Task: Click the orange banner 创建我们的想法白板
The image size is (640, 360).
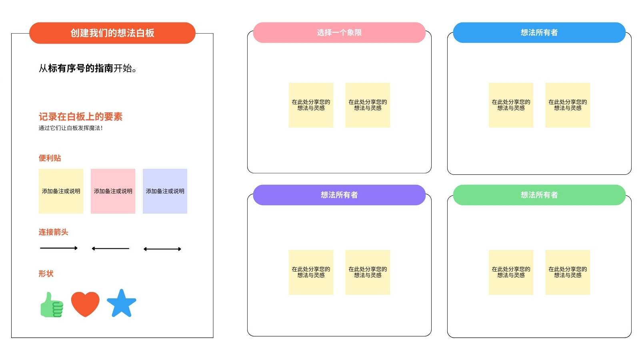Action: pyautogui.click(x=112, y=33)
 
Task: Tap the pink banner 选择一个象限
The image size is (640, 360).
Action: pyautogui.click(x=339, y=32)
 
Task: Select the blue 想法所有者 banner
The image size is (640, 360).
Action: pyautogui.click(x=539, y=32)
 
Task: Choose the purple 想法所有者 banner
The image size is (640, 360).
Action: pyautogui.click(x=339, y=195)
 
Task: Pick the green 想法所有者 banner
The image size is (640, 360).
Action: pyautogui.click(x=539, y=195)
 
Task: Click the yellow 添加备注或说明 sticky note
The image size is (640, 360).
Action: pyautogui.click(x=61, y=191)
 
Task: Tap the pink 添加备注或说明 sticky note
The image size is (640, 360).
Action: pyautogui.click(x=113, y=191)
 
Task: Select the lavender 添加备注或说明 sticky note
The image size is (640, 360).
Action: pyautogui.click(x=165, y=191)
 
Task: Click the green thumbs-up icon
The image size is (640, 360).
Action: pyautogui.click(x=52, y=305)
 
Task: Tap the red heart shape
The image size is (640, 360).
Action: pyautogui.click(x=85, y=304)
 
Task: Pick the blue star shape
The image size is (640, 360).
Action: pyautogui.click(x=122, y=304)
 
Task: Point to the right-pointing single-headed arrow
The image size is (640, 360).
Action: pyautogui.click(x=59, y=248)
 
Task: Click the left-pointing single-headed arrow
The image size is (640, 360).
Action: pyautogui.click(x=110, y=248)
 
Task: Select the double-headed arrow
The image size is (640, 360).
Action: pyautogui.click(x=162, y=249)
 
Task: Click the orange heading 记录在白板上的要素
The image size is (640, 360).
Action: pyautogui.click(x=80, y=116)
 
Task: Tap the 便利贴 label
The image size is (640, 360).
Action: pyautogui.click(x=50, y=158)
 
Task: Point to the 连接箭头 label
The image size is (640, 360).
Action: pyautogui.click(x=54, y=232)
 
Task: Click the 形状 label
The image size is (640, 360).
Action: pyautogui.click(x=46, y=274)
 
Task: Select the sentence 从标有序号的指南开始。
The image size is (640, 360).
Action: pyautogui.click(x=88, y=68)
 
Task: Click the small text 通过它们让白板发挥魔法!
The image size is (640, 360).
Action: pyautogui.click(x=70, y=128)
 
